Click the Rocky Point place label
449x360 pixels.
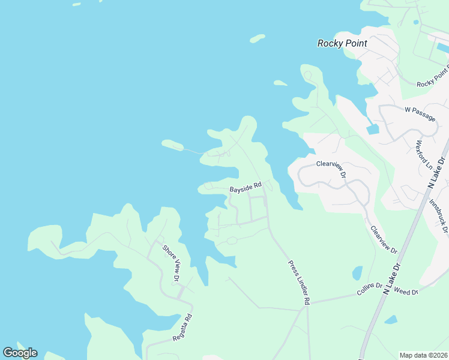coord(342,43)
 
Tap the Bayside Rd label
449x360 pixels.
coord(246,188)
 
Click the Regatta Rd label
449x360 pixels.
coord(182,328)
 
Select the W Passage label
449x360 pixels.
coord(420,114)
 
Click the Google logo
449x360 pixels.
coord(20,352)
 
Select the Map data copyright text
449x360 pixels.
coord(423,355)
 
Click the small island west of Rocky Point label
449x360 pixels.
coord(258,39)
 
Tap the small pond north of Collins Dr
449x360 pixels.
coord(357,273)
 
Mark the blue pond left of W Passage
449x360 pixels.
coord(372,128)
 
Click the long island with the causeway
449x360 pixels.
coord(172,144)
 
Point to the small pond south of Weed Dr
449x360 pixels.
coord(390,320)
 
